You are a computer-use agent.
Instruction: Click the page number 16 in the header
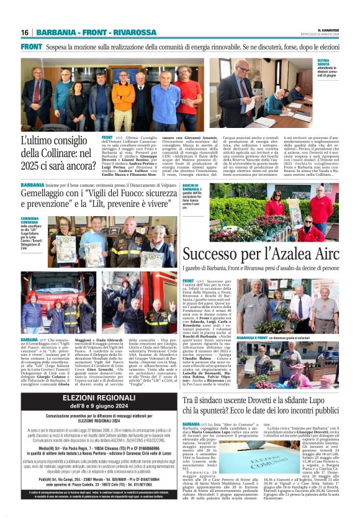(x=25, y=32)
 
